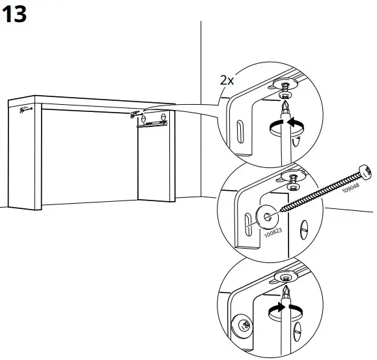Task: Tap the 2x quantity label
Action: (226, 81)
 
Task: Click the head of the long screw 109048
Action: (365, 173)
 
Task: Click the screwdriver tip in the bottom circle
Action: (284, 290)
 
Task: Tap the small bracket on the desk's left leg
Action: (24, 110)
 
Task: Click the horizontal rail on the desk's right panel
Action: (154, 123)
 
